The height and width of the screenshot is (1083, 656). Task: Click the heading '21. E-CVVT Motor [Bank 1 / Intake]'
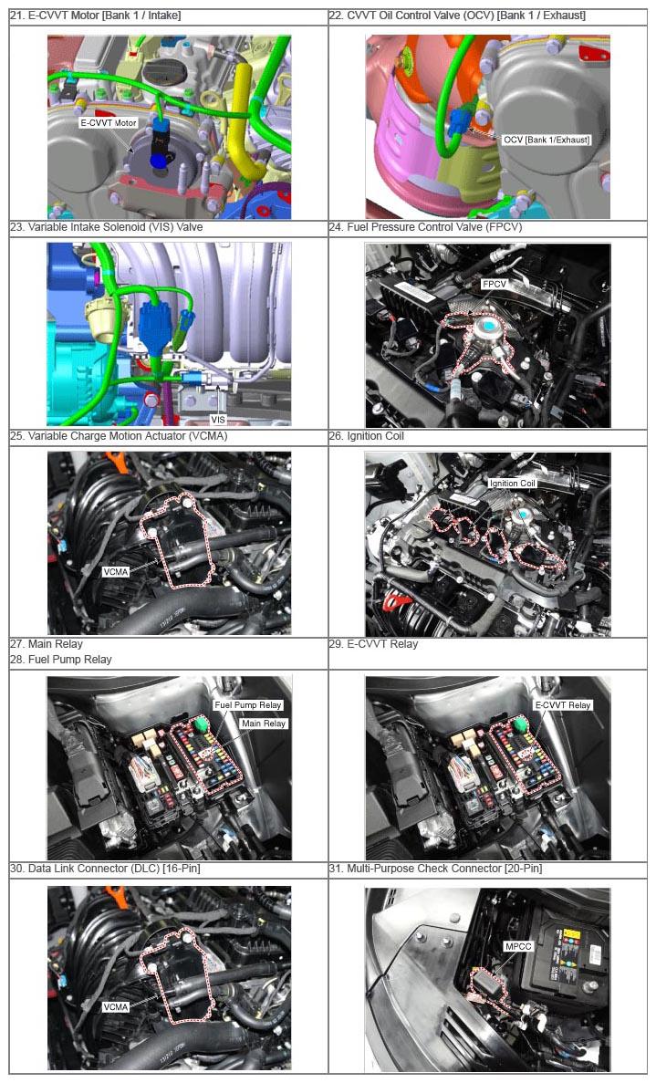point(95,16)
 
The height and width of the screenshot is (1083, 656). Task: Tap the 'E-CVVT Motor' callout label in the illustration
point(109,123)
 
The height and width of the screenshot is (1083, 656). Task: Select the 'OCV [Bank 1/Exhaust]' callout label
point(547,140)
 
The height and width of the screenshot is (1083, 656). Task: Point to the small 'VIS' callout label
point(218,420)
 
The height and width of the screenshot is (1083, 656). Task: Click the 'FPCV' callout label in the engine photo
point(495,284)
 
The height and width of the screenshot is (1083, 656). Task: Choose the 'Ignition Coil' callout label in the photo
point(513,483)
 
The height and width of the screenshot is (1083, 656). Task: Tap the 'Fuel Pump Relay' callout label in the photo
point(248,705)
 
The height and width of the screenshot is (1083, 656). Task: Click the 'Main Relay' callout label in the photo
point(263,724)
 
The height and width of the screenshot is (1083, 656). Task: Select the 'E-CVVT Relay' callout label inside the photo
point(563,705)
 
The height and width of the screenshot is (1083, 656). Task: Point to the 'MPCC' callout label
point(518,946)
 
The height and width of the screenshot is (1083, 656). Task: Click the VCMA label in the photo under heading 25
point(115,572)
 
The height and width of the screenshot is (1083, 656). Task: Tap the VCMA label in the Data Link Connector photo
point(115,1007)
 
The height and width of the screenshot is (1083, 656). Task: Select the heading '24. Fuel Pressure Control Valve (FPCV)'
point(425,227)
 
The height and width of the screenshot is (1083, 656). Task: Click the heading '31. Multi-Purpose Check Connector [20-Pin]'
point(435,869)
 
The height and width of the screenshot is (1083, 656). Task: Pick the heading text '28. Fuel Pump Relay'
point(61,660)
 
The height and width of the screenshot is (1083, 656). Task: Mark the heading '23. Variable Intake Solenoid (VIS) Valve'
point(107,227)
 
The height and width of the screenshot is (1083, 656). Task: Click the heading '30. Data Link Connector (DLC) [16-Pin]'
point(105,869)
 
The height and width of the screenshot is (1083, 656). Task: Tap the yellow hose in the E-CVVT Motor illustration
point(243,118)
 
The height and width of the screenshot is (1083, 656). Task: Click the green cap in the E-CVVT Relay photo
point(517,724)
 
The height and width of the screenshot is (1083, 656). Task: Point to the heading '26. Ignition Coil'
point(366,436)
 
